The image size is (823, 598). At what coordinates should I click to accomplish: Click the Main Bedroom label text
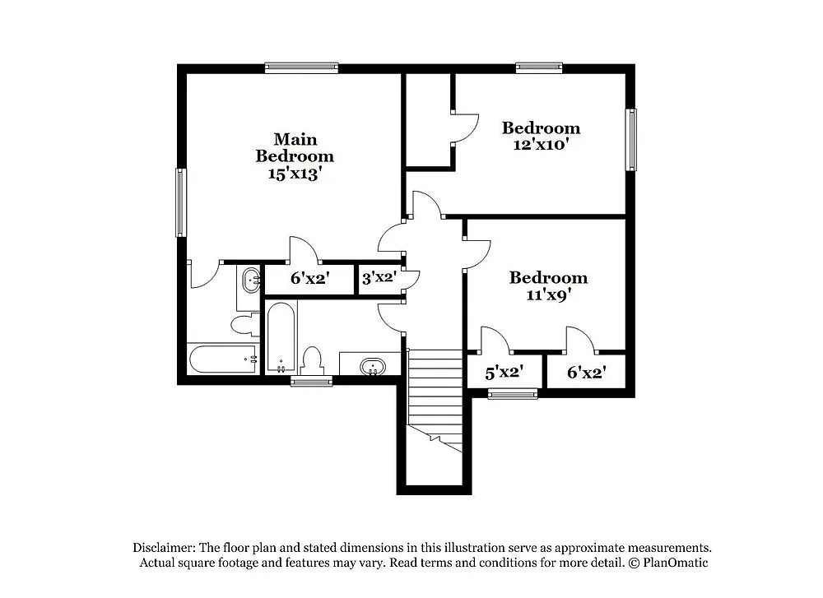tap(295, 147)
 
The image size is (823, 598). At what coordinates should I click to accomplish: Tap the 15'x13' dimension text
tap(295, 174)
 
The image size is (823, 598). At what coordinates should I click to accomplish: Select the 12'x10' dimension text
tap(541, 145)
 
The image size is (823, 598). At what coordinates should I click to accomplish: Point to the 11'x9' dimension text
tap(548, 294)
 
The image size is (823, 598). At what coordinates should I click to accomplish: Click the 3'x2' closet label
tap(379, 278)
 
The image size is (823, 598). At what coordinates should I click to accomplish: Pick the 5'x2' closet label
tap(504, 373)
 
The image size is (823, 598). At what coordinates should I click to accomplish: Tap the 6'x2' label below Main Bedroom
tap(309, 279)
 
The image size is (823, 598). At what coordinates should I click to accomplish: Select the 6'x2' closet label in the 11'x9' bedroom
tap(587, 373)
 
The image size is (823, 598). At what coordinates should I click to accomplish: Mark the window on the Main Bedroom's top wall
tap(301, 67)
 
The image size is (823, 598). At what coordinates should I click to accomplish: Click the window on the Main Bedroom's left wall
tap(180, 202)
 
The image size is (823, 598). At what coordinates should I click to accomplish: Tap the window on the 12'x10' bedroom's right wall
tap(631, 139)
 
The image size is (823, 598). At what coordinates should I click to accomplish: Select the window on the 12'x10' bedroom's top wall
tap(539, 67)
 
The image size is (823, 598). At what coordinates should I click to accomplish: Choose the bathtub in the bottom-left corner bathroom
tap(222, 359)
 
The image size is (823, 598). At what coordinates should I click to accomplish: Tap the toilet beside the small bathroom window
tap(312, 360)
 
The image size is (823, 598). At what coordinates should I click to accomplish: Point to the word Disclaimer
tap(163, 547)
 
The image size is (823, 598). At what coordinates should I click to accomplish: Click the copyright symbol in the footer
tap(633, 563)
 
